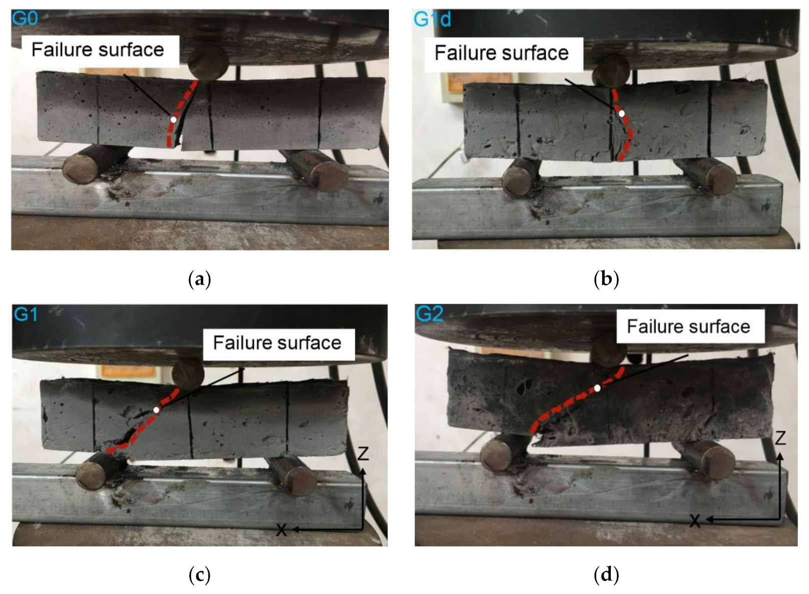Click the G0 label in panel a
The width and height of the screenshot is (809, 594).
25,19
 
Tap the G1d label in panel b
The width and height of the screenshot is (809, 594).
432,20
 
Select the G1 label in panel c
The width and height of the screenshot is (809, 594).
26,315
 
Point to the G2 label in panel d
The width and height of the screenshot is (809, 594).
430,314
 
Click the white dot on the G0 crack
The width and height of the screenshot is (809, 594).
173,120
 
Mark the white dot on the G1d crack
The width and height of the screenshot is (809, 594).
621,114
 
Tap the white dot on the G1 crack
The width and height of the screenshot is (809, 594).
156,410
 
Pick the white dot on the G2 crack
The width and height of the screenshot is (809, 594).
597,388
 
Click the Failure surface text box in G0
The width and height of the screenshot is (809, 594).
98,50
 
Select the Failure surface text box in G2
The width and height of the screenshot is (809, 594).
688,327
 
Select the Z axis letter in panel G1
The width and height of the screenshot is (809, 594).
363,454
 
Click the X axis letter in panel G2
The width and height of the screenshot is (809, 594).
695,521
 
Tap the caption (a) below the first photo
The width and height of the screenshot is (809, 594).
199,279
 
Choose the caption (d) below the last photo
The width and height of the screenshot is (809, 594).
606,575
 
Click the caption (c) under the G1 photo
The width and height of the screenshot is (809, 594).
199,575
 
